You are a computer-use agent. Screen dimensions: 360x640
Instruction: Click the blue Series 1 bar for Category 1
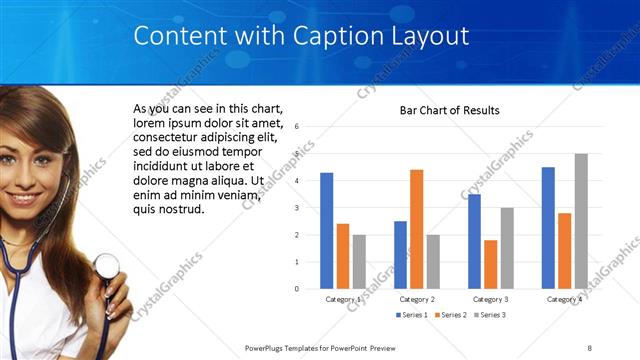[x=326, y=231]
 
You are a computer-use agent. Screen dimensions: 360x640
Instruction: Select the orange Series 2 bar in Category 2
[x=416, y=229]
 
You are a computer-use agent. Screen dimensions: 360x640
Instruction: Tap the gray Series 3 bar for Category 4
[x=581, y=221]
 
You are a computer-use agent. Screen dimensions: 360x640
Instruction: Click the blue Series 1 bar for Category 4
[x=548, y=228]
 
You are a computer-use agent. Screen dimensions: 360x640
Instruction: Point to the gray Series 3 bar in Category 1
[x=359, y=262]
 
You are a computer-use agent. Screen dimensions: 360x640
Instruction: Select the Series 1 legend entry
[x=413, y=315]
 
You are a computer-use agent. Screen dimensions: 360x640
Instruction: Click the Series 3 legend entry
[x=489, y=315]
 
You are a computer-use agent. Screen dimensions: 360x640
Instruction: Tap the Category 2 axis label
[x=416, y=299]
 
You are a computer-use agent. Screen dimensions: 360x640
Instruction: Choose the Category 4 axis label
[x=564, y=299]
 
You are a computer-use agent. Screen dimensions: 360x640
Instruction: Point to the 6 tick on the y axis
[x=297, y=127]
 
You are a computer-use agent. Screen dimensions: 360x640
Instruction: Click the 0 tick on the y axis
[x=297, y=289]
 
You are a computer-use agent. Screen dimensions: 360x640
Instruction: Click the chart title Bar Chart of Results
[x=449, y=110]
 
